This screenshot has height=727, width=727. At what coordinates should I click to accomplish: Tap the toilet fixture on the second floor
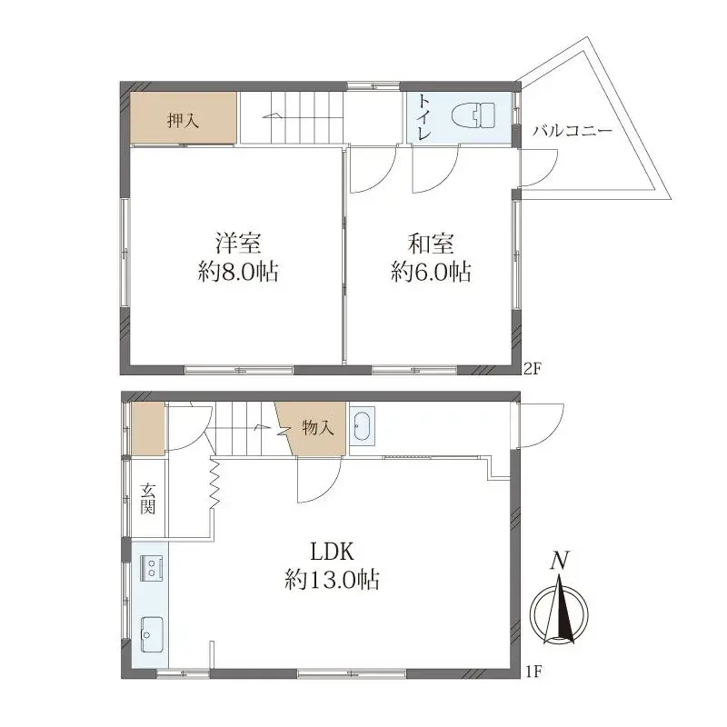coord(474,116)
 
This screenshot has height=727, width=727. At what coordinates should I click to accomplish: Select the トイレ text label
coord(424,117)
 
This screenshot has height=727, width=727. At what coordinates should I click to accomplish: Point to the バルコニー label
coord(572,131)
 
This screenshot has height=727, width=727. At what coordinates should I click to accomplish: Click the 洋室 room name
coord(239,244)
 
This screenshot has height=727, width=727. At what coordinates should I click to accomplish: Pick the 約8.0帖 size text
coord(239,272)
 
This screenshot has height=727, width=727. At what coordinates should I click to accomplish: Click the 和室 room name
coord(431,244)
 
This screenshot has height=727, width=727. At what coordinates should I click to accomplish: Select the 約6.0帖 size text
coord(431,272)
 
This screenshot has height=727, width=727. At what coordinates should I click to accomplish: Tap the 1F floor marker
coord(533,672)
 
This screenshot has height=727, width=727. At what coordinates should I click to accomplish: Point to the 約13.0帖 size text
coord(331,580)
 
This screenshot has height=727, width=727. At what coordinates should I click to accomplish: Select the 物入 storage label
coord(315,427)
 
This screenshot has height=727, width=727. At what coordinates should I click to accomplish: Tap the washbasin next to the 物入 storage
coord(361,426)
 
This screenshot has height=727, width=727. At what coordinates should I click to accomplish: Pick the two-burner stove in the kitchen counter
coord(149,569)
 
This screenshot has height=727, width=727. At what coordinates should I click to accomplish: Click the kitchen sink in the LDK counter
coord(150,630)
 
